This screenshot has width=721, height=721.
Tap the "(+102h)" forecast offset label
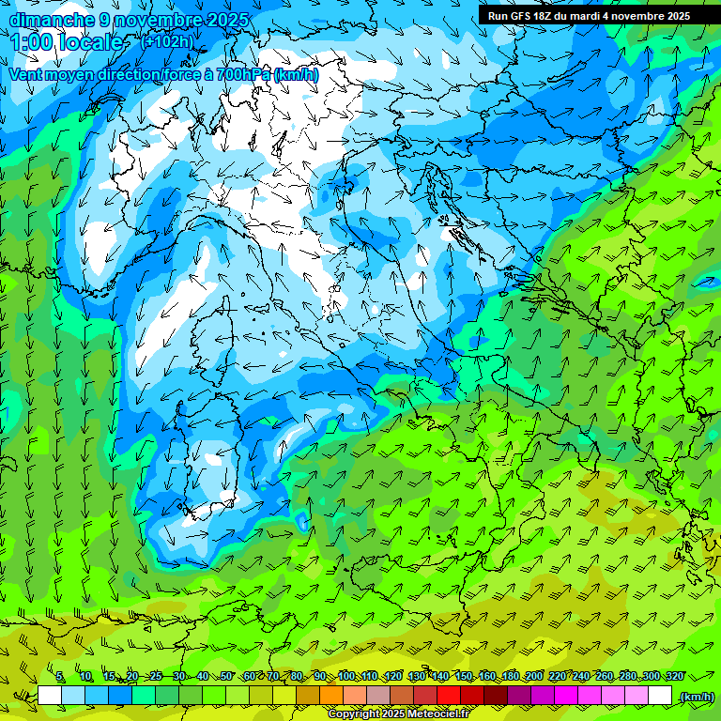(x=166, y=41)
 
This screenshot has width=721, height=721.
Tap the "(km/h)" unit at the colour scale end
(x=696, y=696)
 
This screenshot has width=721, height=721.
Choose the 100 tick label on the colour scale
(x=347, y=676)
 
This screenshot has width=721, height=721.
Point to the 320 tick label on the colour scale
(x=675, y=676)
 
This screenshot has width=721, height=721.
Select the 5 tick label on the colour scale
(x=59, y=676)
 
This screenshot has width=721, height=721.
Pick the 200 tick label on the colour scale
(x=534, y=676)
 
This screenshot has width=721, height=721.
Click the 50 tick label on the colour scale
(x=226, y=676)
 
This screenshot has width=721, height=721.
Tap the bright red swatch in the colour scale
(x=449, y=696)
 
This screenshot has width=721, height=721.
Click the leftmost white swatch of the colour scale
(x=50, y=696)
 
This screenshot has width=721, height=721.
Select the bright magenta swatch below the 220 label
(x=566, y=696)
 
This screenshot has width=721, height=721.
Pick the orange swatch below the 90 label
(x=331, y=696)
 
